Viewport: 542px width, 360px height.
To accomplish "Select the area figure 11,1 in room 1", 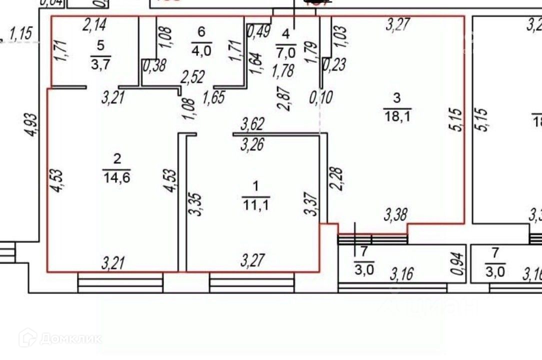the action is tap(256, 203).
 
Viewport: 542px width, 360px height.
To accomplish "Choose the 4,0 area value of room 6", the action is tap(201, 50).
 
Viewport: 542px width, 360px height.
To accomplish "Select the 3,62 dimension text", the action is tap(252, 122).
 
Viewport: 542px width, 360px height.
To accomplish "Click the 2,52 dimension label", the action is tap(192, 78).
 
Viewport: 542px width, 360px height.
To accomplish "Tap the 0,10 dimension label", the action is tap(321, 96).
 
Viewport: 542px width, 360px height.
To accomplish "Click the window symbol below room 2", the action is tap(120, 282).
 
